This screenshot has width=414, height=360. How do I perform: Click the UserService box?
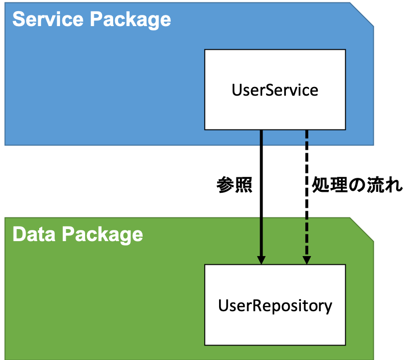tap(275, 90)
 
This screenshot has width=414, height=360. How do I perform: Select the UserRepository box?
tap(275, 305)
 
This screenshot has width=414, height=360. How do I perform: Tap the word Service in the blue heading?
tap(48, 19)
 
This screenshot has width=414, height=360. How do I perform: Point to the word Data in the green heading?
tap(34, 234)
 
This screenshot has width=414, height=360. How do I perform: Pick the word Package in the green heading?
tap(103, 235)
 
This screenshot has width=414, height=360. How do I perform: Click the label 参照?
tap(235, 185)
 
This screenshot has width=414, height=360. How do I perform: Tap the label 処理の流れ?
tap(357, 185)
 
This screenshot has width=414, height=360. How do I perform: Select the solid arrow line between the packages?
tap(261, 197)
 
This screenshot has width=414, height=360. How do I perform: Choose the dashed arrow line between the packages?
tap(307, 197)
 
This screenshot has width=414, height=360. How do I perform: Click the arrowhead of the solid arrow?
tap(261, 260)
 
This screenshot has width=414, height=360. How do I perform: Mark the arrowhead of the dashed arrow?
tap(307, 260)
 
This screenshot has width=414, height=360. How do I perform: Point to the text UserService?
tap(275, 90)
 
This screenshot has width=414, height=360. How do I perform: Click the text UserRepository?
tap(275, 306)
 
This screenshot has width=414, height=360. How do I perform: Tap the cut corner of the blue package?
tap(362, 14)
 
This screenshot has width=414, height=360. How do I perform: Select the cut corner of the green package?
tap(362, 230)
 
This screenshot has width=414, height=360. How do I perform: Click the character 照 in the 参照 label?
tap(244, 185)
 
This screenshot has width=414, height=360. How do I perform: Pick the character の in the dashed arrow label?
tap(357, 185)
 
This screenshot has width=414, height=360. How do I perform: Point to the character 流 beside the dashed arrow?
tap(375, 185)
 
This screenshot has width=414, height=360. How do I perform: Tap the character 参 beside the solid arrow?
tap(225, 185)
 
